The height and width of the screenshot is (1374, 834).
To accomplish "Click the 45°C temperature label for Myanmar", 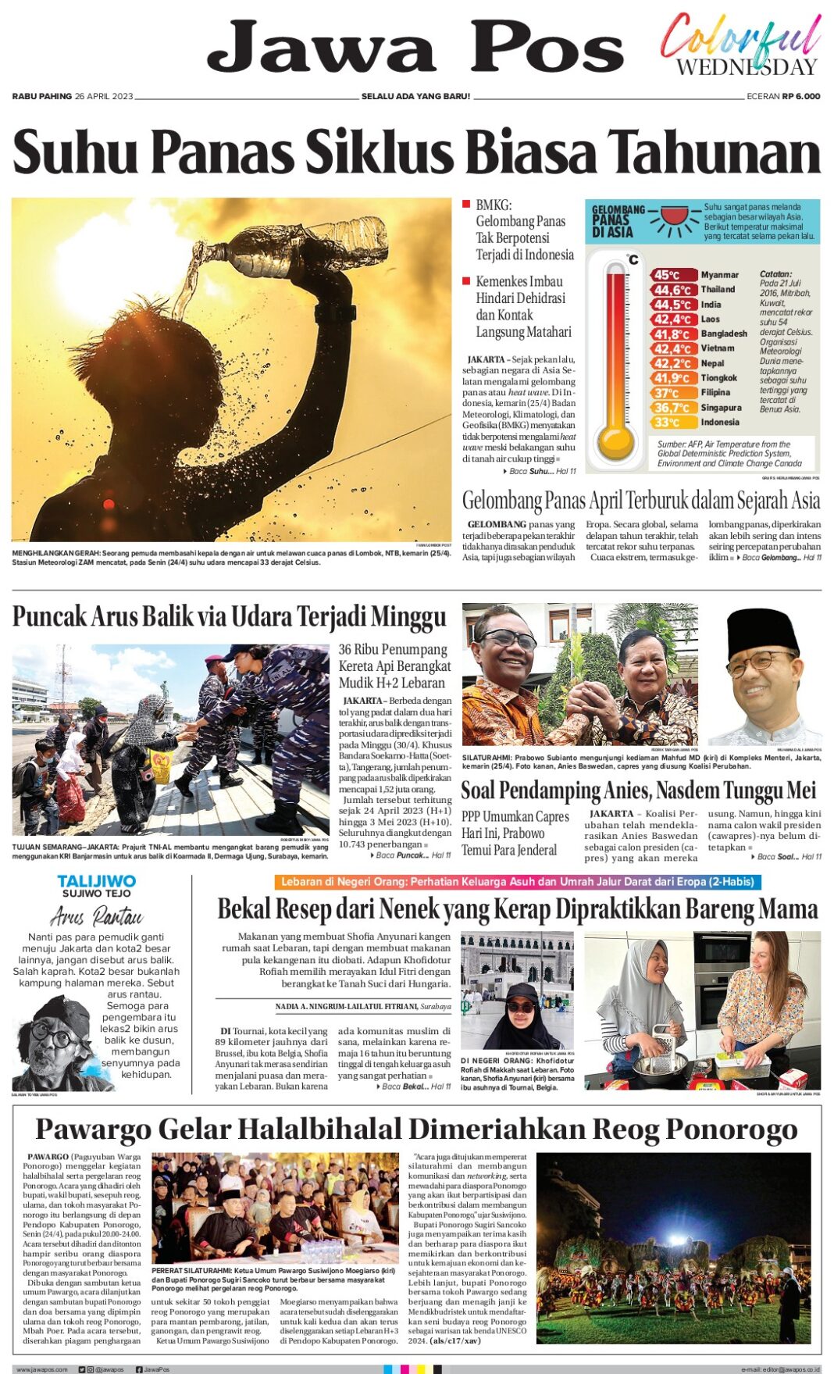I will coord(667,275).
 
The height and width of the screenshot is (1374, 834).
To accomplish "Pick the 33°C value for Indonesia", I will coord(667,423).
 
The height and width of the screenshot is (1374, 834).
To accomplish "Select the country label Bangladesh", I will coord(724,334).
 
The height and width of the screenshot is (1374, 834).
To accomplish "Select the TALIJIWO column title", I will coord(97,881).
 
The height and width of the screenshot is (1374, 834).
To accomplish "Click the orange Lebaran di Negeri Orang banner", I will coord(517,882).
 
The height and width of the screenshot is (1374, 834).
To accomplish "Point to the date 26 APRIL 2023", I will coord(104,96).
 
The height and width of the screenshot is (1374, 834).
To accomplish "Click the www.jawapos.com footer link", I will coord(41,1369).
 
